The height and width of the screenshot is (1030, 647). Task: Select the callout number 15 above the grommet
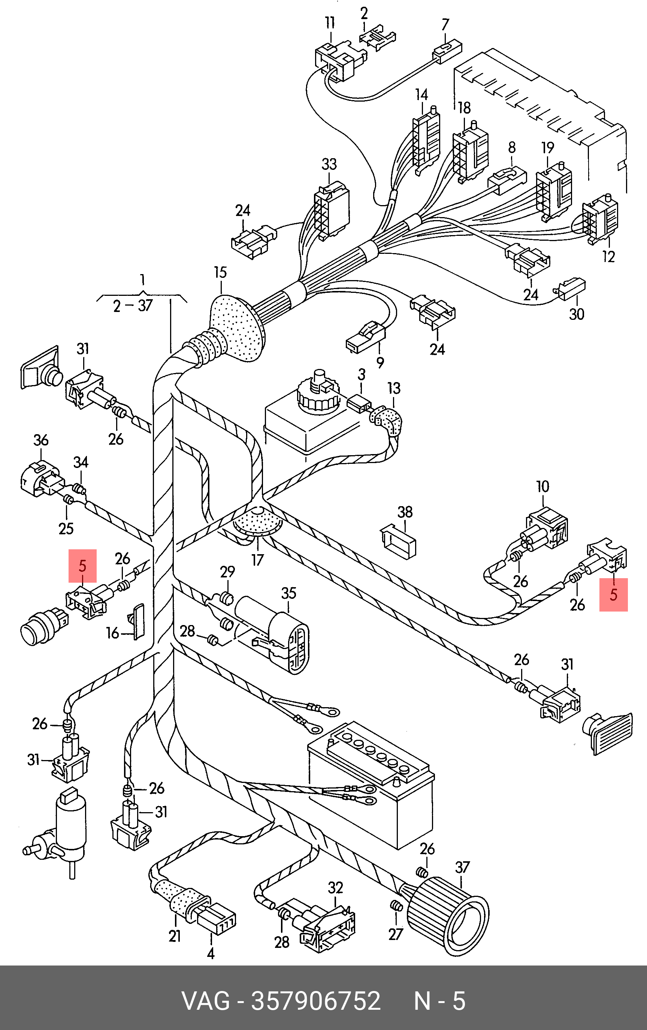[x=221, y=273]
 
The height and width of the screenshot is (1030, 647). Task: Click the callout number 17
[x=257, y=560]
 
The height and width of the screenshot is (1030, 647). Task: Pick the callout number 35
[x=288, y=593]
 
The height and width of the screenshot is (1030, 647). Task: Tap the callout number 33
[x=329, y=164]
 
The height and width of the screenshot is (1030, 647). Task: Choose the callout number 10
[x=542, y=486]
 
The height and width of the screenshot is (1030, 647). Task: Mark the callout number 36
[x=41, y=440]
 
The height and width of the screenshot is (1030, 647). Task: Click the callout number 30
[x=577, y=314]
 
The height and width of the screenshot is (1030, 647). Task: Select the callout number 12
[x=608, y=256]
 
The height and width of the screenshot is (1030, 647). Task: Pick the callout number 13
[x=394, y=388]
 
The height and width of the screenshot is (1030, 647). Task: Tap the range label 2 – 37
[x=133, y=306]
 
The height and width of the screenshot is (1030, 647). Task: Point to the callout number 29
[x=228, y=571]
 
